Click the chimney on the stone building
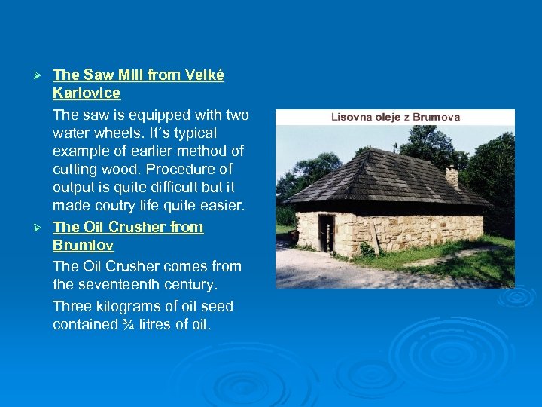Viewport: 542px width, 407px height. click(x=452, y=177)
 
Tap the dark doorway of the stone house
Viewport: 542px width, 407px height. click(x=326, y=232)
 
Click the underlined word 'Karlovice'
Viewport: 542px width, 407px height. click(x=87, y=93)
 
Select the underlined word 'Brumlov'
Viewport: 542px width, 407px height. click(x=84, y=246)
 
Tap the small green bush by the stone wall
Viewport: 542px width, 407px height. click(x=366, y=249)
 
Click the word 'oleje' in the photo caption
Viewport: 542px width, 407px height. click(x=391, y=117)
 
